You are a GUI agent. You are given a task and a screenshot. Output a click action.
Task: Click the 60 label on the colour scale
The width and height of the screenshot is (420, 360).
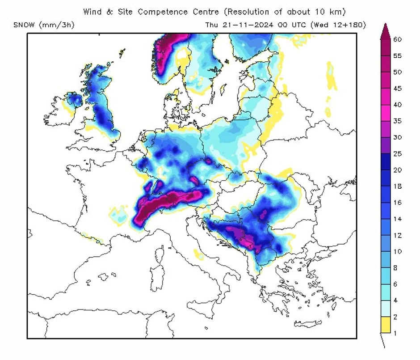pos(397,39)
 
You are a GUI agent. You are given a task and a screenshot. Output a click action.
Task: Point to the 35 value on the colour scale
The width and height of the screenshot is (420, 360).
pos(397,121)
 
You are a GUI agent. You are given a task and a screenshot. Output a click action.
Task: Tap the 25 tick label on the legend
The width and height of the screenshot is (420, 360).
pos(397,154)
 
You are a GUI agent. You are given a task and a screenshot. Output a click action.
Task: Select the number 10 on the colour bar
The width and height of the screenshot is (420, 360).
pos(397,251)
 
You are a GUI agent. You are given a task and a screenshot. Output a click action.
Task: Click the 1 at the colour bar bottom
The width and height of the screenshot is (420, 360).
pos(395,333)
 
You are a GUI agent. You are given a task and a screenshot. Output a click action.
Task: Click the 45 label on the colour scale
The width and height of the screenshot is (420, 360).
pos(397,88)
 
